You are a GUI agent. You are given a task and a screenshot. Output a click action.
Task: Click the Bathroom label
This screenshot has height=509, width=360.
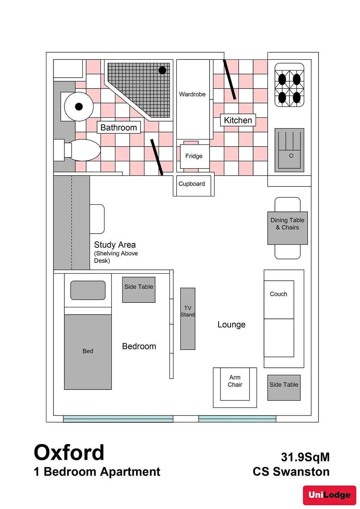tap(119, 128)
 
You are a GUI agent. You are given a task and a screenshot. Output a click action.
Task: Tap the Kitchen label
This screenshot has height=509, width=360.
tap(238, 120)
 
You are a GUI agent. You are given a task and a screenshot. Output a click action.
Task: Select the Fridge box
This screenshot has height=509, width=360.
tap(194, 156)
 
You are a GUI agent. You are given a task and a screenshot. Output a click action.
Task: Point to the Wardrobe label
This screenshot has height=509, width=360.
tap(192, 94)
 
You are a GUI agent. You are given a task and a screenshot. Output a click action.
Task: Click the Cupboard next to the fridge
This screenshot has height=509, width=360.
tap(192, 184)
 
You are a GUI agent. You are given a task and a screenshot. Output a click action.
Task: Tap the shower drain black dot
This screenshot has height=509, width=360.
tap(162, 70)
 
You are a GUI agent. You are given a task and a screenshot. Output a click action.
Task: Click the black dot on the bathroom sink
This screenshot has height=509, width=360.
tap(79, 106)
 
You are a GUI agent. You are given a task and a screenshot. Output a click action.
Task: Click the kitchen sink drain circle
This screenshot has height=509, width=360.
tap(291, 156)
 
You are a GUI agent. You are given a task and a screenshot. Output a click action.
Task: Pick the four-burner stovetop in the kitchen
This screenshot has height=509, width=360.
tap(289, 85)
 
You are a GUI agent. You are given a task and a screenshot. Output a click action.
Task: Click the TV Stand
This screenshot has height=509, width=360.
tap(188, 319)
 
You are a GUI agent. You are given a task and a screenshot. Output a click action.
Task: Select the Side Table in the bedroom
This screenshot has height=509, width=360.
tap(139, 290)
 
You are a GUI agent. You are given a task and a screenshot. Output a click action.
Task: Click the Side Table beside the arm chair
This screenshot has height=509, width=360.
tap(284, 387)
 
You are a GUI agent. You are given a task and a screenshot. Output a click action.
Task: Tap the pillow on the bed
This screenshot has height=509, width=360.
tap(88, 290)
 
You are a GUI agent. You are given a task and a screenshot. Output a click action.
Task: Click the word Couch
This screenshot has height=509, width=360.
tap(278, 294)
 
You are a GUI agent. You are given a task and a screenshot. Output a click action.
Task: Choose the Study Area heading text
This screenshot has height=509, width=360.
tap(115, 245)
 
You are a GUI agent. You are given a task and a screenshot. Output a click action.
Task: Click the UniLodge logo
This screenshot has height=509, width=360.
tap(329, 495)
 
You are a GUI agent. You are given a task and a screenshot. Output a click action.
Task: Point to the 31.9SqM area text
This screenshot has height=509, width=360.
tap(305, 457)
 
